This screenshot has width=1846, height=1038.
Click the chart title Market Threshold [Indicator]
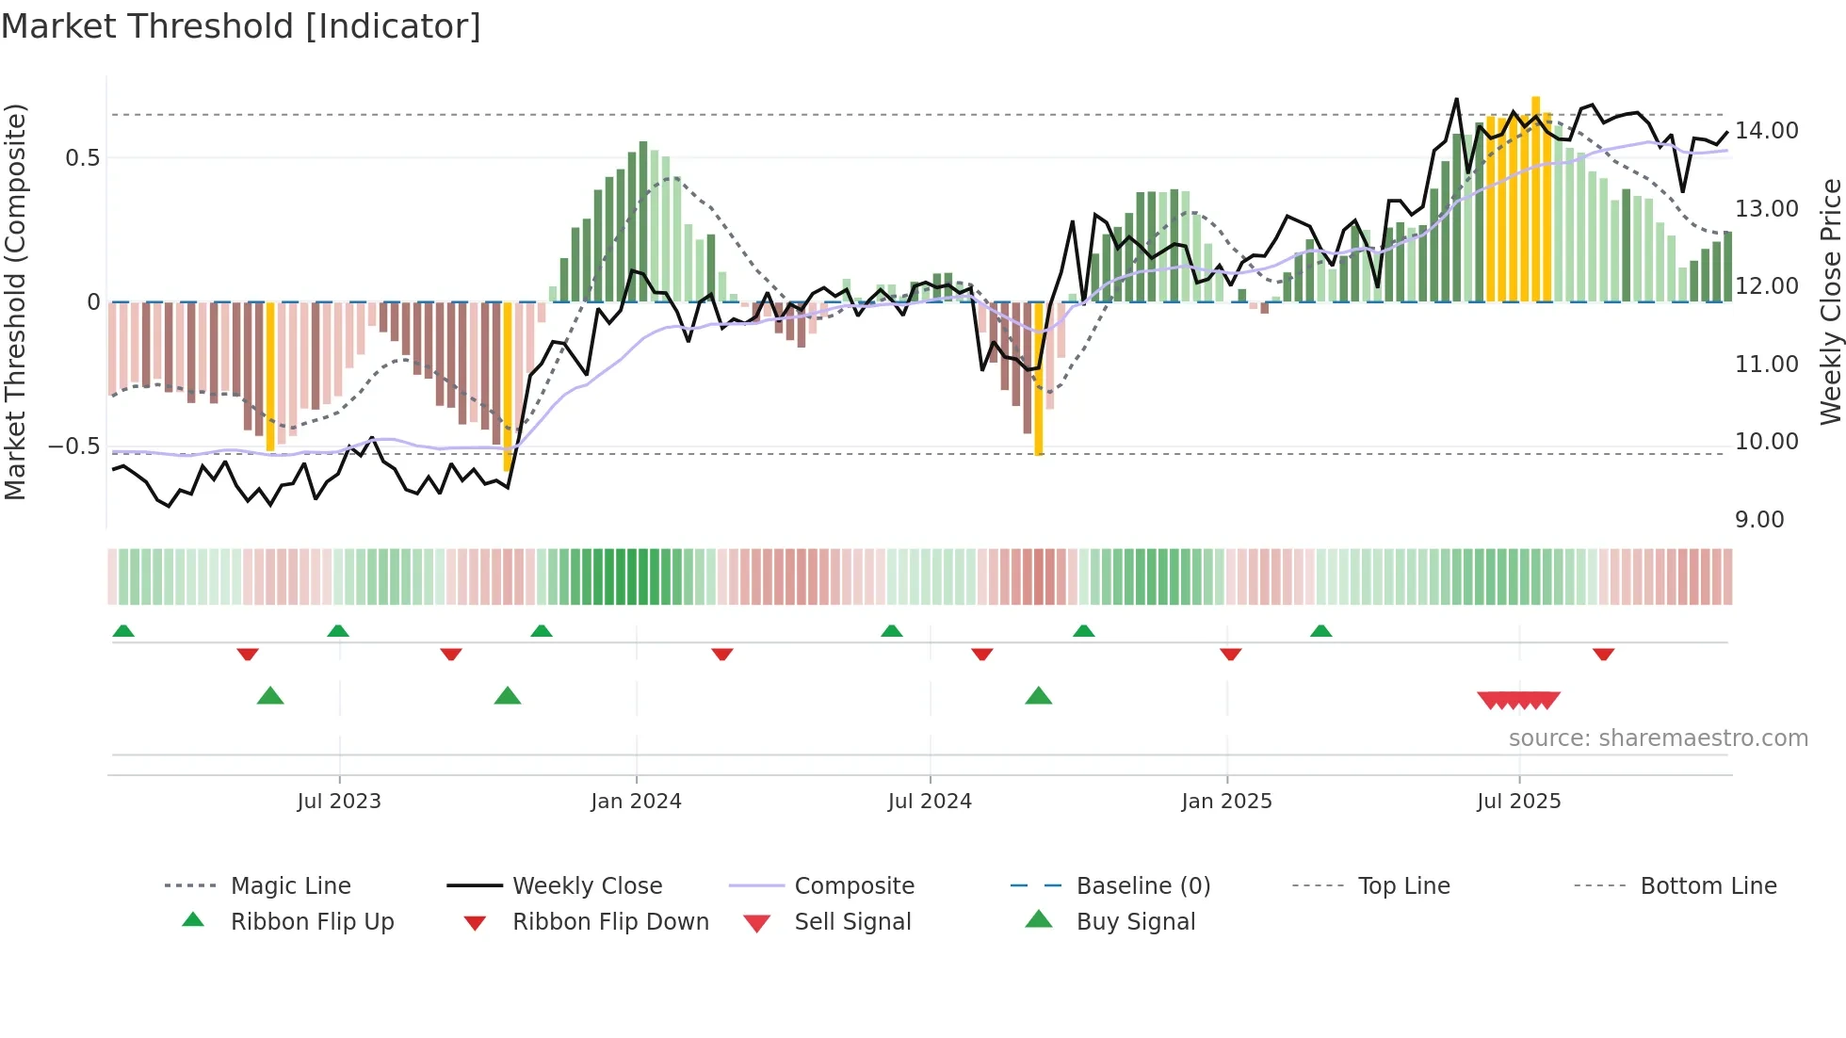click(x=241, y=26)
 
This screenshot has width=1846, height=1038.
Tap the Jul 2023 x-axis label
click(x=339, y=802)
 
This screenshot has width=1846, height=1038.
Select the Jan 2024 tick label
click(x=636, y=802)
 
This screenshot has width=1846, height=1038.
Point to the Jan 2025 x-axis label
click(x=1226, y=802)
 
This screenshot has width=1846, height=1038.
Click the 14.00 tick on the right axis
click(x=1767, y=131)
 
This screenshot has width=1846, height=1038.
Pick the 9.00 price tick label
click(x=1759, y=520)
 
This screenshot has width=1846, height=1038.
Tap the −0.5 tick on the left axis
click(x=73, y=446)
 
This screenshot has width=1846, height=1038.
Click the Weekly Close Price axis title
click(x=1830, y=301)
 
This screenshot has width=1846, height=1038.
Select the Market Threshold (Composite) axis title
click(x=15, y=301)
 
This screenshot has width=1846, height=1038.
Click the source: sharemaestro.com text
click(x=1658, y=738)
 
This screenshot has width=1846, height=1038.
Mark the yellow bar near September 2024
click(x=1039, y=379)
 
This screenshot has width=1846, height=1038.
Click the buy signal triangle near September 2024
click(x=1038, y=696)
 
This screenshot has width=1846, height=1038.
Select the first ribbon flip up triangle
click(x=123, y=631)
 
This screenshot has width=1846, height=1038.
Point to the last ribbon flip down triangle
click(x=1603, y=654)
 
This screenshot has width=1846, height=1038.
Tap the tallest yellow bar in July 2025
click(x=1535, y=198)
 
